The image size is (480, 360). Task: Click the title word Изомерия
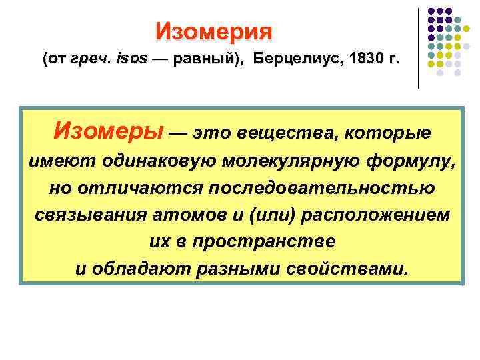(x=214, y=31)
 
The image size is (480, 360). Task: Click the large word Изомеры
(x=107, y=131)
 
